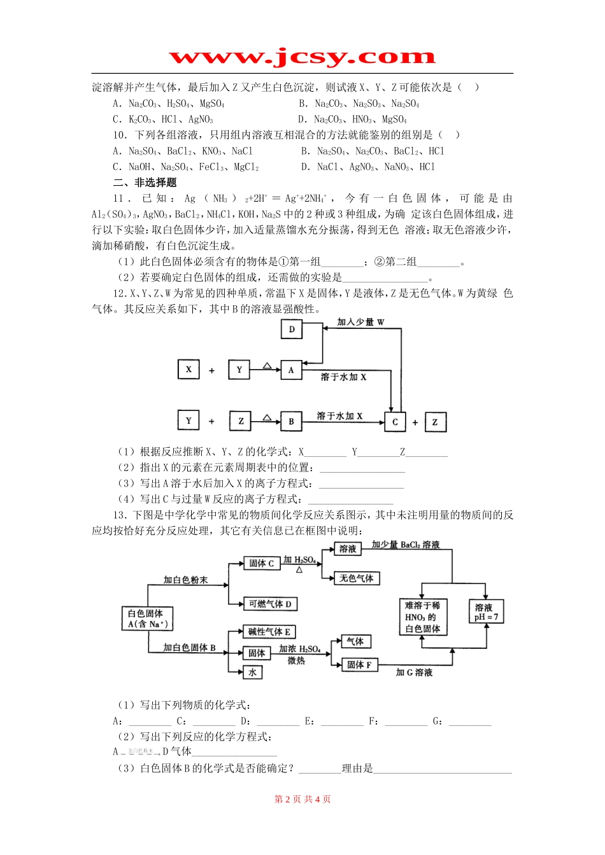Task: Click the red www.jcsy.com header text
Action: point(302,57)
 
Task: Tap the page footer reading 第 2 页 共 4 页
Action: point(302,799)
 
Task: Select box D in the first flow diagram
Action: point(292,329)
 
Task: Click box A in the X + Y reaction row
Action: point(291,370)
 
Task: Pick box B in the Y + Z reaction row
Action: point(291,421)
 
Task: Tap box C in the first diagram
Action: point(395,421)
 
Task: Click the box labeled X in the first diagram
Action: point(189,369)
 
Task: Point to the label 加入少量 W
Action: point(360,322)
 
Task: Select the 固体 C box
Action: point(261,563)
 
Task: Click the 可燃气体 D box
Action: point(270,604)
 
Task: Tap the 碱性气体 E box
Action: point(269,632)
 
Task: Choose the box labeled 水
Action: point(253,672)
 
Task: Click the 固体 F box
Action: point(360,665)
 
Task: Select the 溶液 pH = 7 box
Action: point(486,612)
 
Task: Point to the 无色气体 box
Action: point(357,578)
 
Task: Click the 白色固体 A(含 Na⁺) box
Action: point(147,618)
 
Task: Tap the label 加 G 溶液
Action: point(414,672)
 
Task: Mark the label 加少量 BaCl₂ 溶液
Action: point(406,545)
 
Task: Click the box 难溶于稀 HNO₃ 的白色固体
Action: point(422,617)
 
